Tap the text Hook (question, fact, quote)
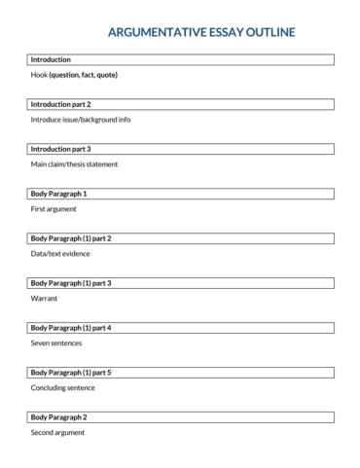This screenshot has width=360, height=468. [74, 74]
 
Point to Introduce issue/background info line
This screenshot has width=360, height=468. [81, 119]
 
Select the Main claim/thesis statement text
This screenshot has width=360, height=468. [74, 163]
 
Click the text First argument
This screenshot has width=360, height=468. [54, 208]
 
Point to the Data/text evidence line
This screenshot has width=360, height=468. [60, 253]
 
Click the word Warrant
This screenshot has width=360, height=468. [45, 298]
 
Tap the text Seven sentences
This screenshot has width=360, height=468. [56, 342]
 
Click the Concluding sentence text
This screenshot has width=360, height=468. [63, 387]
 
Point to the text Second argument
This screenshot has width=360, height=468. [57, 432]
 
